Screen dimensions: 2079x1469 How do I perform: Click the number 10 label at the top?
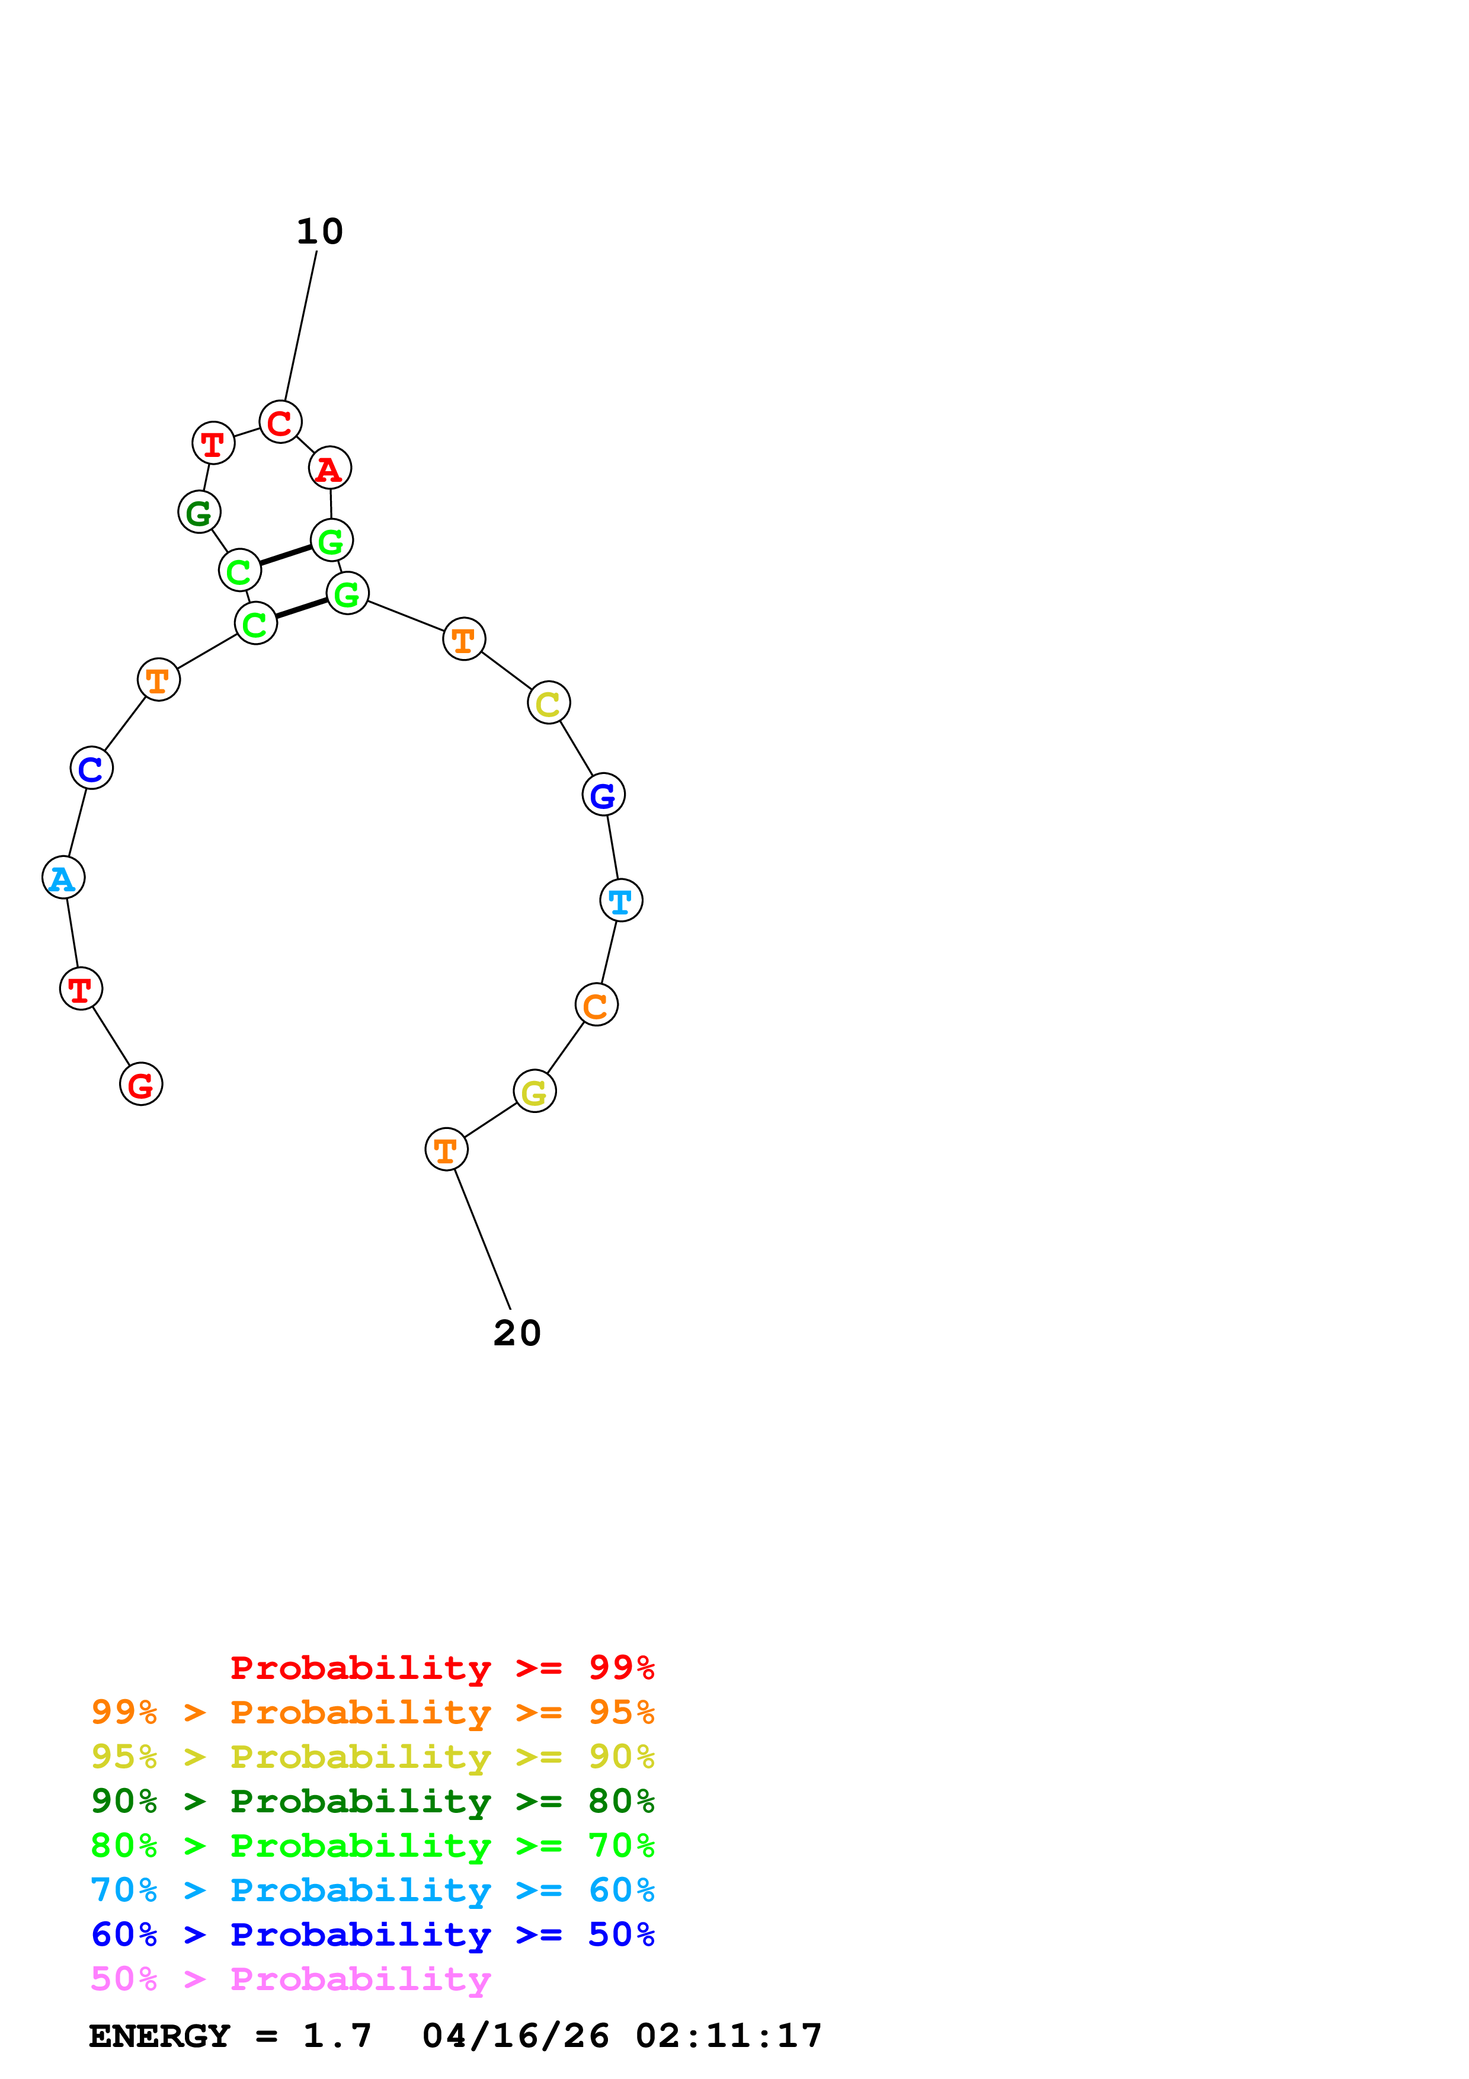point(319,232)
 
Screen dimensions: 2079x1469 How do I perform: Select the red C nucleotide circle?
point(280,422)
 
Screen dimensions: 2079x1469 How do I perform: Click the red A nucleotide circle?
point(329,468)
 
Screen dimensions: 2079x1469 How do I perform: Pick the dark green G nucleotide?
point(199,513)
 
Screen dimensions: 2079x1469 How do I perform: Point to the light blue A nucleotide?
point(63,878)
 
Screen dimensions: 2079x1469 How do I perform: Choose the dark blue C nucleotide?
point(91,768)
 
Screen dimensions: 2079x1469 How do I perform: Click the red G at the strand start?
point(141,1084)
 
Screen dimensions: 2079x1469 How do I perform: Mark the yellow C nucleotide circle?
point(549,703)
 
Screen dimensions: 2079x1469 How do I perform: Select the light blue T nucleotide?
point(621,900)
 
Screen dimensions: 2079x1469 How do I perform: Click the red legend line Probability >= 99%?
point(441,1668)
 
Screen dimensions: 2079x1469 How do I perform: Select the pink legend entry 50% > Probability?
point(290,1979)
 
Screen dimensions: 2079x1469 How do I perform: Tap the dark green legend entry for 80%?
point(372,1801)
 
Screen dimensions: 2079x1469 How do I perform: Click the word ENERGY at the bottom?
point(159,2036)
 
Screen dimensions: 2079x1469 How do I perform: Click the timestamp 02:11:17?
point(729,2036)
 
